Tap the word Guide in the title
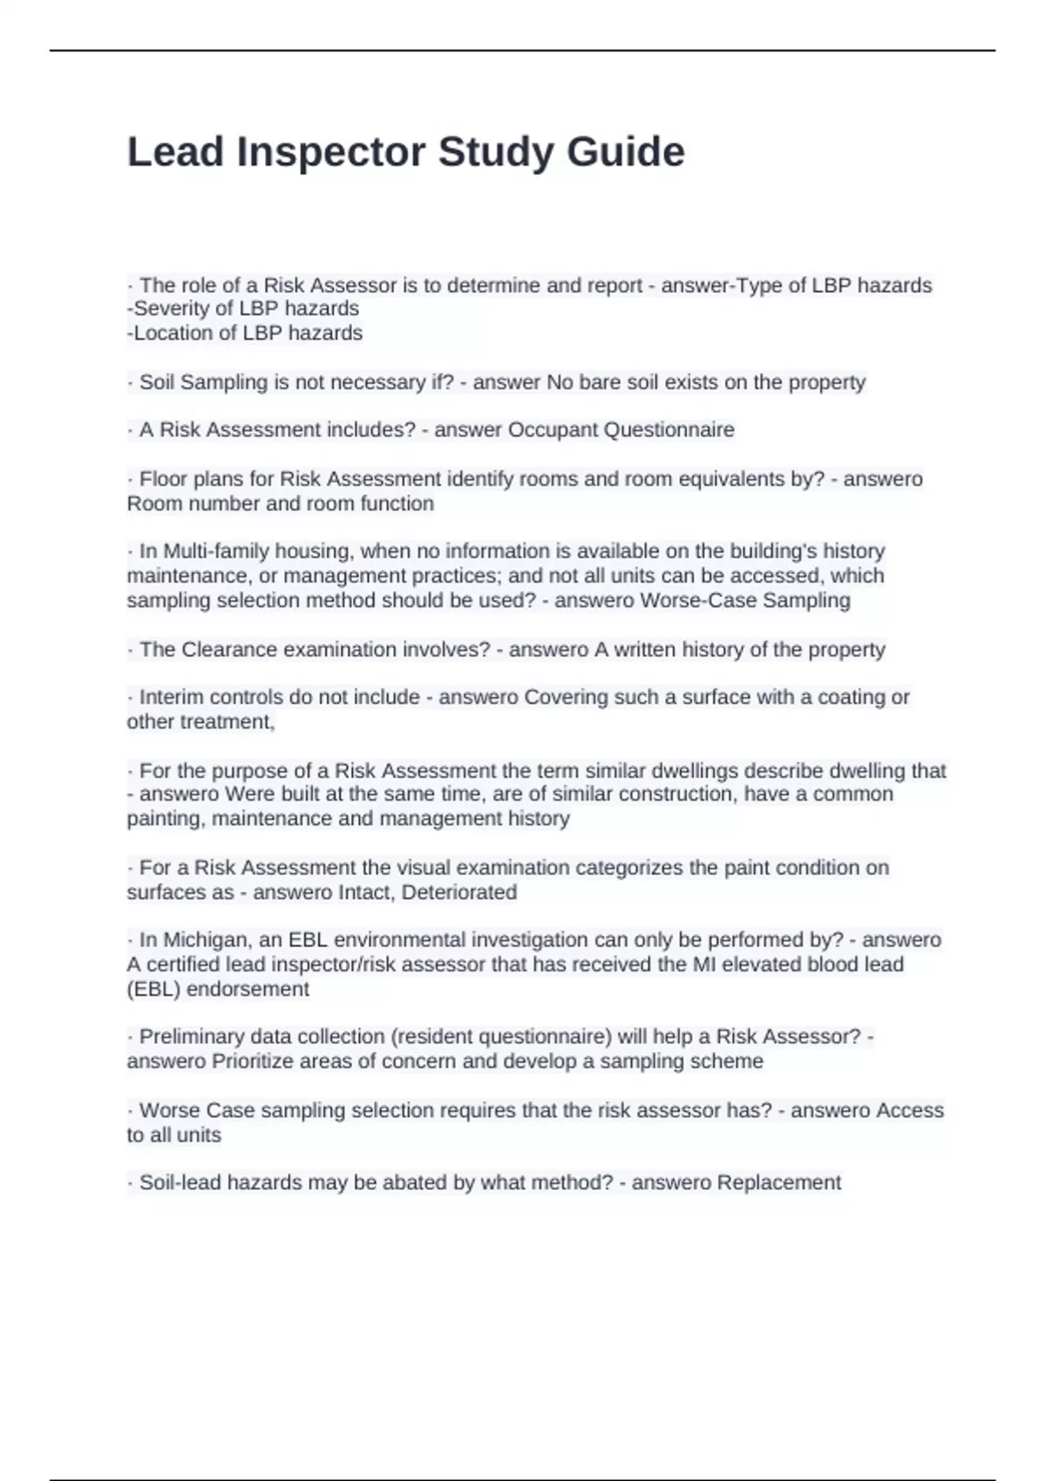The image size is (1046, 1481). (x=626, y=152)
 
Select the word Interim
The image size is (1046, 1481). (x=172, y=697)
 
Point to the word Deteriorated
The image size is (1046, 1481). (x=459, y=892)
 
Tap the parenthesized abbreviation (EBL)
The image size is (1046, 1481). (x=153, y=989)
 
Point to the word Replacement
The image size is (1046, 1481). (x=778, y=1182)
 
